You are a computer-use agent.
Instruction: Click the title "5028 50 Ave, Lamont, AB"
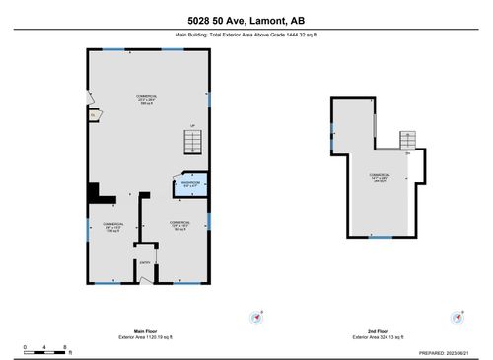pos(246,21)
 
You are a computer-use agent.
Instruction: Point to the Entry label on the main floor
pos(145,262)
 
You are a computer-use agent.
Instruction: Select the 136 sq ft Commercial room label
pos(111,227)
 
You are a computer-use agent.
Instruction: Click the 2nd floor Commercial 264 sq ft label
pos(379,179)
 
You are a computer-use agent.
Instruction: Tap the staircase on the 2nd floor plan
pos(406,140)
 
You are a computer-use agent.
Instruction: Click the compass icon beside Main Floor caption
pos(260,319)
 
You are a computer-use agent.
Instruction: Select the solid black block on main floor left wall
pos(94,191)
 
